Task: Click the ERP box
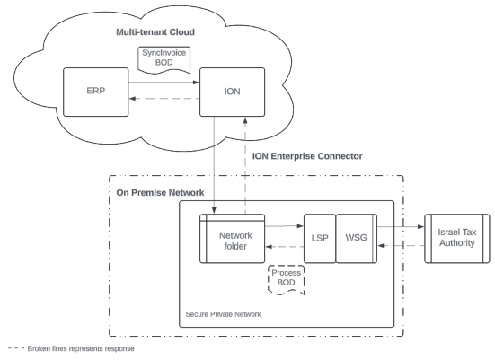pos(95,92)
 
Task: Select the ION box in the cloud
pos(232,92)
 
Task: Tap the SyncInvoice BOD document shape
pos(164,60)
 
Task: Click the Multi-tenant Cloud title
pos(155,32)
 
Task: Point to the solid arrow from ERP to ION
pos(164,83)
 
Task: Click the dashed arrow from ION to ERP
pos(164,99)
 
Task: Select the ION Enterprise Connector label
pos(307,156)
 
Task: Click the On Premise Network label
pos(160,192)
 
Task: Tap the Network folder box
pos(232,239)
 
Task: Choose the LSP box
pos(320,239)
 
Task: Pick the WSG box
pos(357,239)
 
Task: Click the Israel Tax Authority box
pos(456,239)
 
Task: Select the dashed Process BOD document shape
pos(286,280)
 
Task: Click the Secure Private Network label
pos(223,314)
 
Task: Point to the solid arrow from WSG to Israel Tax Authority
pos(401,226)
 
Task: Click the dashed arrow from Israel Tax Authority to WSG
pos(401,245)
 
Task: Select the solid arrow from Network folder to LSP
pos(284,226)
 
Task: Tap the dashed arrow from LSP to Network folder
pos(285,246)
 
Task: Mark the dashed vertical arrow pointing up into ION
pos(245,166)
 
